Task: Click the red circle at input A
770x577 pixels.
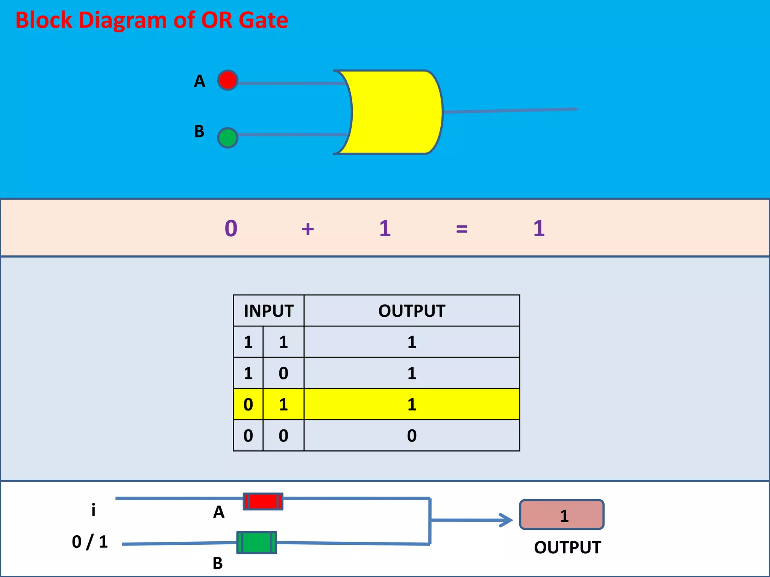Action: click(x=227, y=80)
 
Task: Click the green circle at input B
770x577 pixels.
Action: click(x=227, y=138)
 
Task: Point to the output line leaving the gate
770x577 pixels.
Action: click(x=511, y=110)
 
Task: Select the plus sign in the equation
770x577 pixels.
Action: click(x=308, y=229)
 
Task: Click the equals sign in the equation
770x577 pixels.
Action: click(x=462, y=229)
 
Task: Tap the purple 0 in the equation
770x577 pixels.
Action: click(x=231, y=228)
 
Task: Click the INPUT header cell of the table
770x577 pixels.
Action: click(x=268, y=311)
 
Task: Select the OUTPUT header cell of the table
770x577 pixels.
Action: click(x=412, y=311)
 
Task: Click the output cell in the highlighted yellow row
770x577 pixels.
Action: click(x=412, y=405)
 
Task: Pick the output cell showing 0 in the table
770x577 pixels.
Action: click(x=412, y=436)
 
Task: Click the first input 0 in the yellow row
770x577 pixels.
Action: click(x=248, y=405)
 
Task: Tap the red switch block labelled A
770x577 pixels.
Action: click(x=263, y=501)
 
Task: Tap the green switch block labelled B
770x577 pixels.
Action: click(x=256, y=542)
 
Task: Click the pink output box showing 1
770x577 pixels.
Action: click(x=562, y=515)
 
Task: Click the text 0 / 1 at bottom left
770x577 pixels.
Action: click(x=90, y=542)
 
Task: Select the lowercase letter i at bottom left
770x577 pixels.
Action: click(x=93, y=510)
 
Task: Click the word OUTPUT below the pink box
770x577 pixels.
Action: click(x=567, y=548)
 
